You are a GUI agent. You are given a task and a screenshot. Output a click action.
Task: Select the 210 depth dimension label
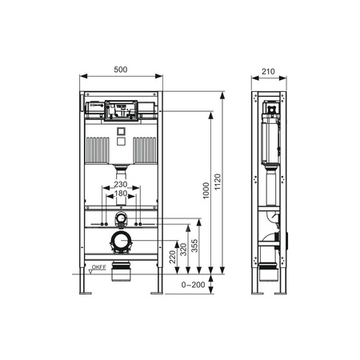(267, 70)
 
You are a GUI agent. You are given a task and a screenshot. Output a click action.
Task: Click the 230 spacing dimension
(120, 184)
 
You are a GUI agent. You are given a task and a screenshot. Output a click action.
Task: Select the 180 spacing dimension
(120, 194)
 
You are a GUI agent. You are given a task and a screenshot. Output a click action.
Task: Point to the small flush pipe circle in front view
(120, 218)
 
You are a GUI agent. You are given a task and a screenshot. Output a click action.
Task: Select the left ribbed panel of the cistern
(98, 148)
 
